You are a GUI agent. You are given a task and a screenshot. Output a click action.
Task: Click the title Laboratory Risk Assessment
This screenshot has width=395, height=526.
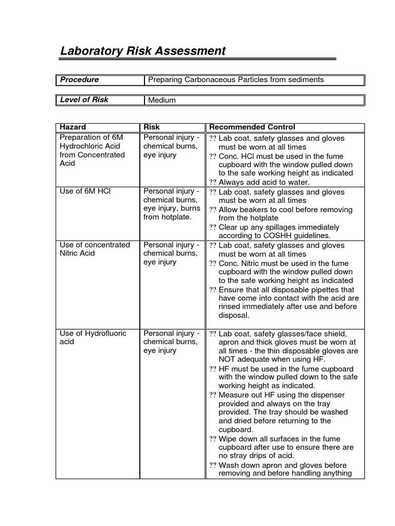(143, 51)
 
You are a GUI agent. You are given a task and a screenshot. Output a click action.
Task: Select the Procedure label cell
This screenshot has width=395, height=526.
(79, 80)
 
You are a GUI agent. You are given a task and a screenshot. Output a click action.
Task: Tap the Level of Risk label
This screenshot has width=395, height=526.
(84, 100)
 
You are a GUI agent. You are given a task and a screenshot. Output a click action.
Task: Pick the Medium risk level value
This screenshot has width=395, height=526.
(161, 100)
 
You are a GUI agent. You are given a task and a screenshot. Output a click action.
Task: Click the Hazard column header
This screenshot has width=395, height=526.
(73, 127)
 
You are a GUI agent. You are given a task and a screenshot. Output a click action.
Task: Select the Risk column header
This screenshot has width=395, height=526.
(152, 127)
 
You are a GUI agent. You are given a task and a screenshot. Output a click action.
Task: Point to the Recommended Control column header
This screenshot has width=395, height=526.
(252, 127)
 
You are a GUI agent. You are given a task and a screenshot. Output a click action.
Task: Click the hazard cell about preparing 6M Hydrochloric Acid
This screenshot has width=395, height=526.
(92, 150)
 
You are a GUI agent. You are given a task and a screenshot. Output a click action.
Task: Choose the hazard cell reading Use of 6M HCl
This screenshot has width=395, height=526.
(85, 192)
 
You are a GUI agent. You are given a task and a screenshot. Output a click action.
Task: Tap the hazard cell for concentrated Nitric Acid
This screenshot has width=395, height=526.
(95, 249)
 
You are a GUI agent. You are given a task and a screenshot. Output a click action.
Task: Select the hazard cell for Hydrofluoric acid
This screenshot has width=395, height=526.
(93, 337)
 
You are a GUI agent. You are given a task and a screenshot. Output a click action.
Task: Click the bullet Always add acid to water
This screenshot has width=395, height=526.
(264, 182)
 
